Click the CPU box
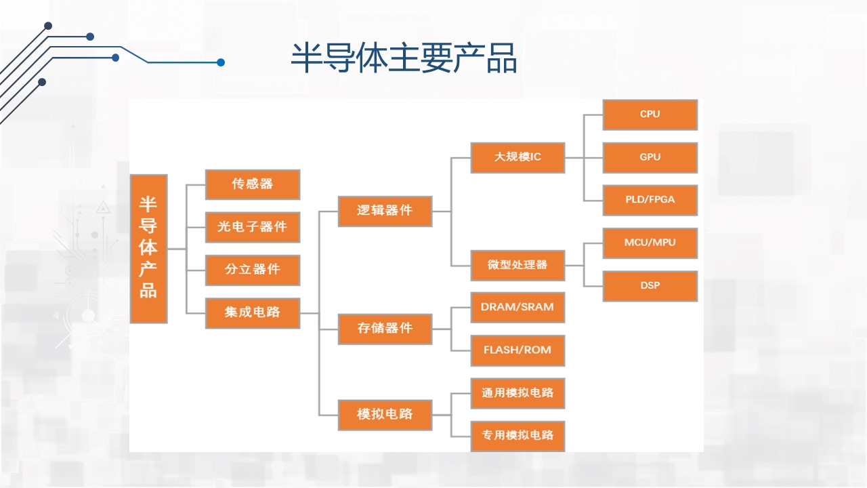pyautogui.click(x=650, y=115)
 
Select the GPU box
pyautogui.click(x=650, y=158)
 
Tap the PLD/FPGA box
pyautogui.click(x=650, y=200)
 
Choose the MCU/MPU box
pyautogui.click(x=650, y=243)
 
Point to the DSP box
pyautogui.click(x=650, y=286)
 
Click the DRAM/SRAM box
pyautogui.click(x=517, y=308)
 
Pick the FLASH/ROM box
pyautogui.click(x=517, y=350)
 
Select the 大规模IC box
pyautogui.click(x=517, y=158)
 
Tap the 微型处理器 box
pyautogui.click(x=517, y=266)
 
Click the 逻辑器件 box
pyautogui.click(x=385, y=211)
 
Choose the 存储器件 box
pyautogui.click(x=385, y=329)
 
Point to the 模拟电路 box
pyautogui.click(x=385, y=415)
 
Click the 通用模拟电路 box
pyautogui.click(x=517, y=394)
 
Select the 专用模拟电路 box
pyautogui.click(x=517, y=436)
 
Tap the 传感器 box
pyautogui.click(x=253, y=185)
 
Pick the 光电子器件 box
pyautogui.click(x=253, y=227)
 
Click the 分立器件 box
pyautogui.click(x=253, y=270)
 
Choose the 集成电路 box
pyautogui.click(x=253, y=313)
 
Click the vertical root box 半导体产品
pyautogui.click(x=148, y=249)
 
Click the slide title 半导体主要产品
pyautogui.click(x=404, y=58)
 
